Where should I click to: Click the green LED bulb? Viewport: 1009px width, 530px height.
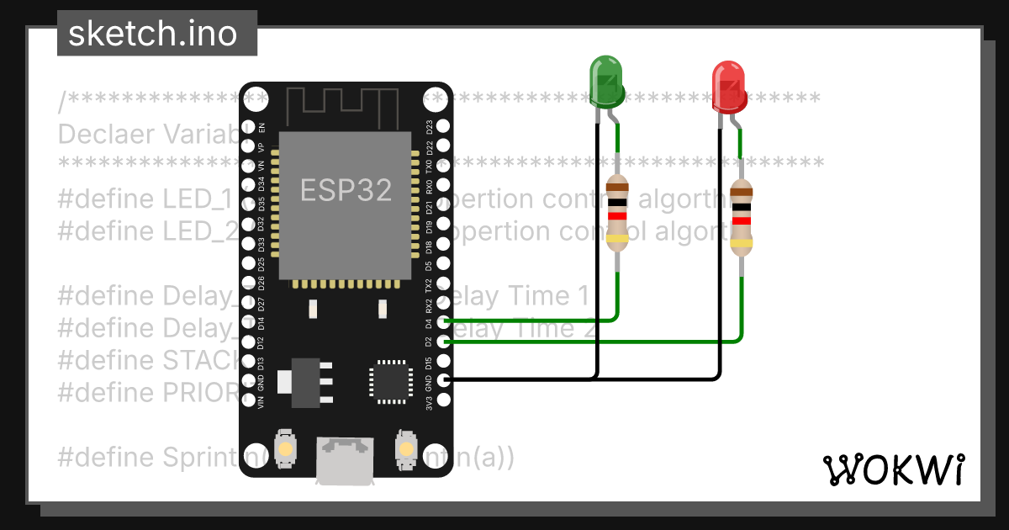[x=606, y=81]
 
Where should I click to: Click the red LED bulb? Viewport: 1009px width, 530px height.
[x=729, y=87]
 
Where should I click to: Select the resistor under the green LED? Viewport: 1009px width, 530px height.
[x=617, y=214]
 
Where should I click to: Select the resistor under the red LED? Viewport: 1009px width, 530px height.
[x=741, y=218]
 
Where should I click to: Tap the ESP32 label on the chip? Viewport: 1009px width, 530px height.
[x=346, y=191]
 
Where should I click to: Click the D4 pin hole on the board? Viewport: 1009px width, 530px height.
[x=444, y=321]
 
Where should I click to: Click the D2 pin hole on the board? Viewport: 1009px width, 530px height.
[x=444, y=342]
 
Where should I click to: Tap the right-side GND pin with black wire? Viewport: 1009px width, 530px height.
[x=444, y=381]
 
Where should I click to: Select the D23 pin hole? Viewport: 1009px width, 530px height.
[x=444, y=127]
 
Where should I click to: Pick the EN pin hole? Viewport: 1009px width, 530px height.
[x=247, y=127]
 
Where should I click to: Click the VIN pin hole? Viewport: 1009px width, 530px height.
[x=247, y=401]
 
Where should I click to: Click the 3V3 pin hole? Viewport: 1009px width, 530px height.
[x=444, y=401]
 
